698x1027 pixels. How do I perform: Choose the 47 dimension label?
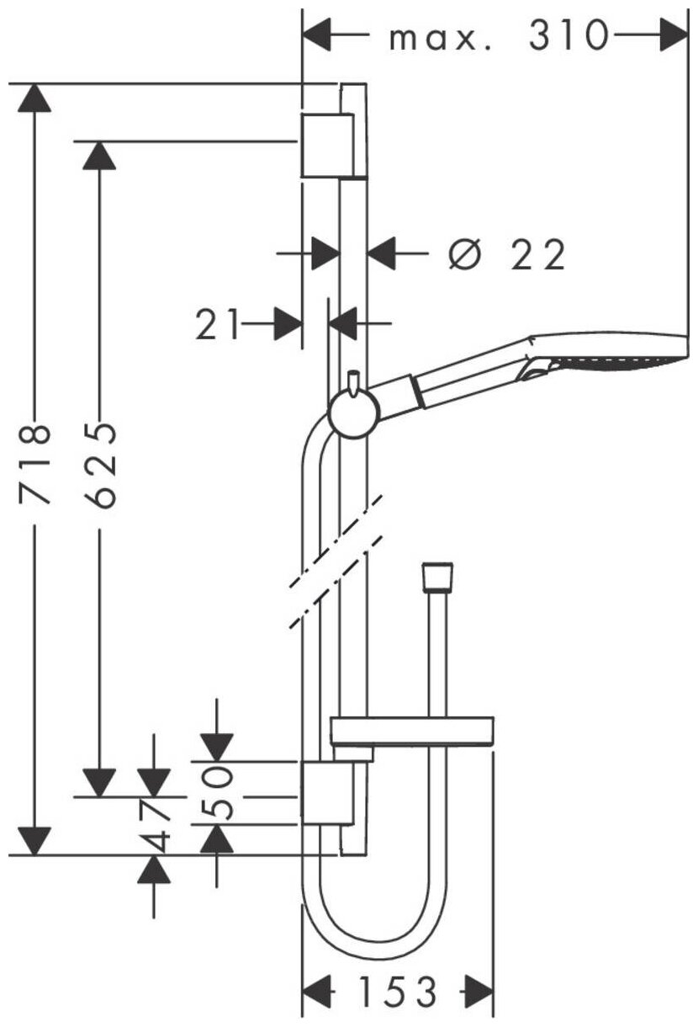coord(154,825)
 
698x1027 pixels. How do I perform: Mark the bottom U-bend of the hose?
coord(370,934)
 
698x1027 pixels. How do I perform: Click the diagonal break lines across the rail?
coord(336,560)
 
